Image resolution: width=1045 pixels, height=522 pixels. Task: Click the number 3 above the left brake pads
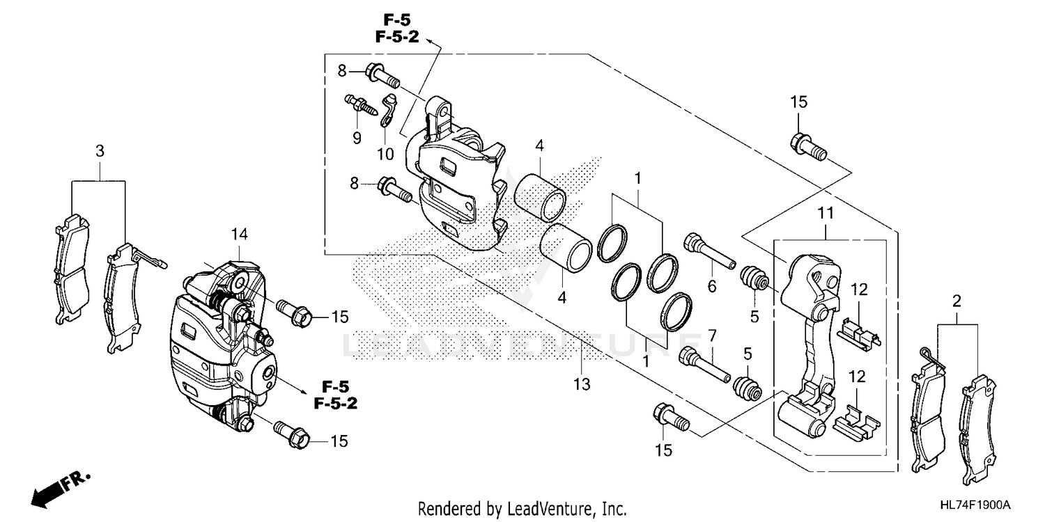click(x=100, y=150)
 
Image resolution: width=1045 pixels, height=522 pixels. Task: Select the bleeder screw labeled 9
click(x=360, y=106)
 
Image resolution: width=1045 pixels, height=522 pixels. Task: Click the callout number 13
click(x=582, y=384)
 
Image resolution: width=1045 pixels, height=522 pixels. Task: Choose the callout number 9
click(x=357, y=138)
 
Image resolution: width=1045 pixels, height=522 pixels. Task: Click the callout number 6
click(x=711, y=285)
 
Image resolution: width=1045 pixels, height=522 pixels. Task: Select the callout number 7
click(x=711, y=335)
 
